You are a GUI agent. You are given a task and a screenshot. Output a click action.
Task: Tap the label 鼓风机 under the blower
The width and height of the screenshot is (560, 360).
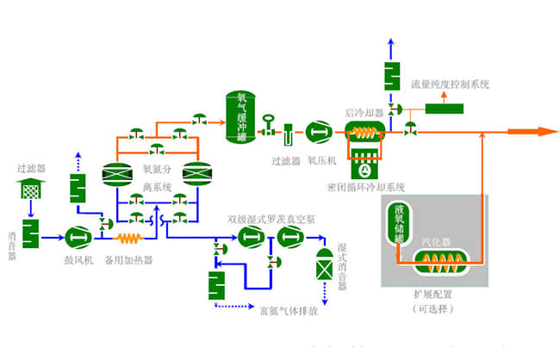79,258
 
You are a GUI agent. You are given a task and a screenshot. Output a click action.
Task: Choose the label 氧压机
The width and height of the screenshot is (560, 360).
320,160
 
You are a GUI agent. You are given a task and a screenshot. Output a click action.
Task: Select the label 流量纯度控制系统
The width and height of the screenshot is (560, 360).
450,84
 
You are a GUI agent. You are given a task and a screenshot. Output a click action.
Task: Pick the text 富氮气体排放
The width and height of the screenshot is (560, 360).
289,312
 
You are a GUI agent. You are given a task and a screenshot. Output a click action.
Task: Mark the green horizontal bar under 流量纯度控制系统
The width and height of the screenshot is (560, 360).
444,109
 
